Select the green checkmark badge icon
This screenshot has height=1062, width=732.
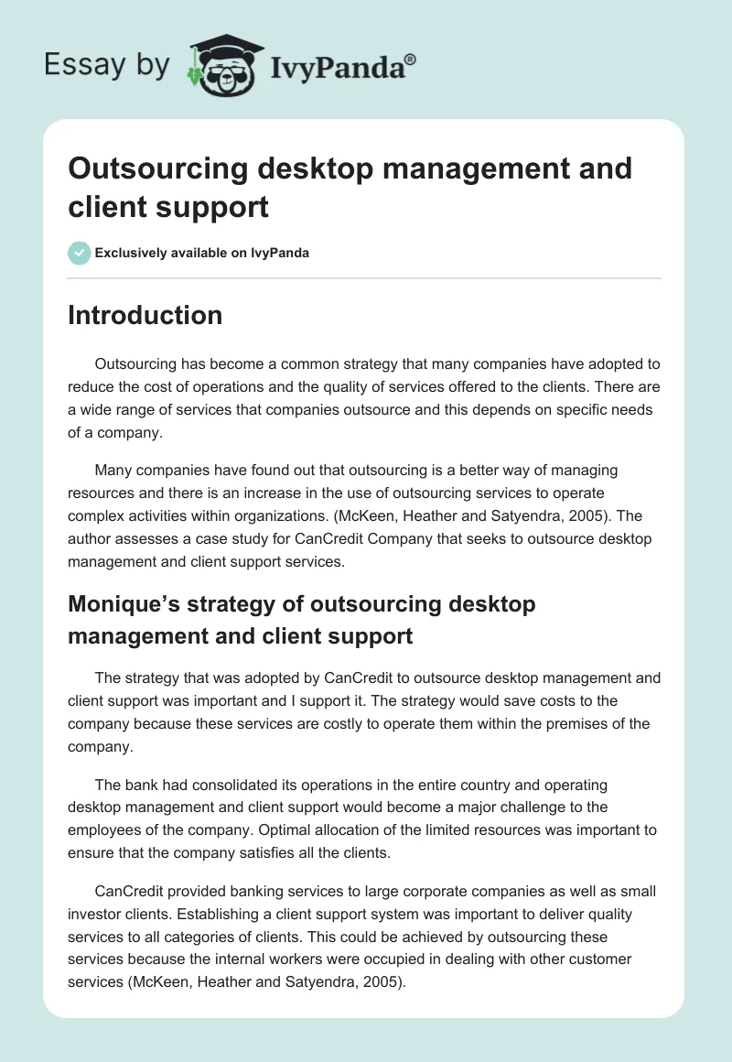pyautogui.click(x=79, y=253)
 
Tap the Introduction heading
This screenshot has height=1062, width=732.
pyautogui.click(x=145, y=315)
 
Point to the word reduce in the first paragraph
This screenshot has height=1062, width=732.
pyautogui.click(x=89, y=386)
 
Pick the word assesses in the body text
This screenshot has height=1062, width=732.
pyautogui.click(x=148, y=539)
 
